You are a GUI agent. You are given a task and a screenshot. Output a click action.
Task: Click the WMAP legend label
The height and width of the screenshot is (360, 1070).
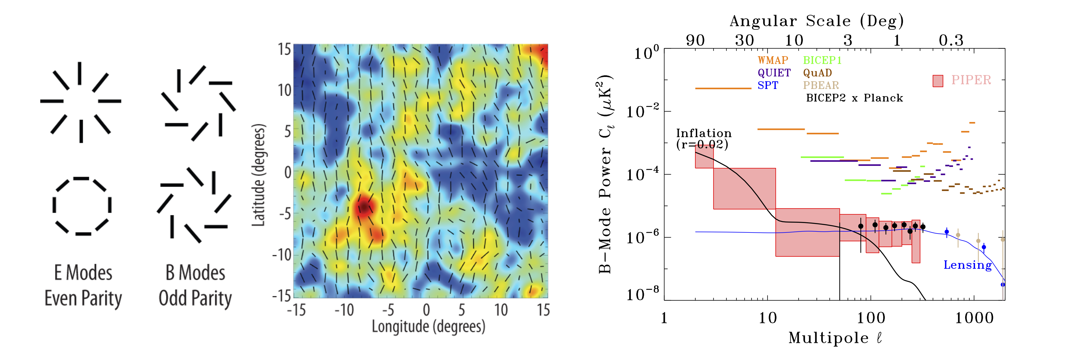773,60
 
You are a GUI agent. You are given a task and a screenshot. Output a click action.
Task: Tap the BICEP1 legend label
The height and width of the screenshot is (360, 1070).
822,60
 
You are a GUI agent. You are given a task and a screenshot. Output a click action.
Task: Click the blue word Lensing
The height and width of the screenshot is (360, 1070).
967,265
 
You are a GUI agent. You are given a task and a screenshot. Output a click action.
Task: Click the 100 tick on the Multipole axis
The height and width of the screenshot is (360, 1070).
871,318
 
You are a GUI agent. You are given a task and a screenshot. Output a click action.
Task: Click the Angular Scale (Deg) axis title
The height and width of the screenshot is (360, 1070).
817,21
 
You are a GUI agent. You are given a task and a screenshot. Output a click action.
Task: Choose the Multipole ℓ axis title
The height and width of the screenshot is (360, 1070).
835,338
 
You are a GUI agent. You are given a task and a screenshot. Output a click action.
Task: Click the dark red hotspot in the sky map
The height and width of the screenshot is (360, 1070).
364,206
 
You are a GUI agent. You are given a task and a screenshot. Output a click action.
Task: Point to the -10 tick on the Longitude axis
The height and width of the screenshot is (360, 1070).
344,310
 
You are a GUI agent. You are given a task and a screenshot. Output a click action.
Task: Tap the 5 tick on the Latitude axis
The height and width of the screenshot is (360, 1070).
287,132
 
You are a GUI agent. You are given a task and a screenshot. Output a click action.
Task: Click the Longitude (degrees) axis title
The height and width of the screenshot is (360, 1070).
428,326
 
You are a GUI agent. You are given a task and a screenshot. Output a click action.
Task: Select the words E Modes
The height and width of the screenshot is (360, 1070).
83,273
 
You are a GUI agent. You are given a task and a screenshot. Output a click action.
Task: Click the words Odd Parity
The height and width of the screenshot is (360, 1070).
195,298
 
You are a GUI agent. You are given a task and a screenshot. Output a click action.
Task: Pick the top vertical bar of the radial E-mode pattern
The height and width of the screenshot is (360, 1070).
79,73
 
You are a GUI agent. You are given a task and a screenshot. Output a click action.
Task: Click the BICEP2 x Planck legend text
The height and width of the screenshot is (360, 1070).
854,98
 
